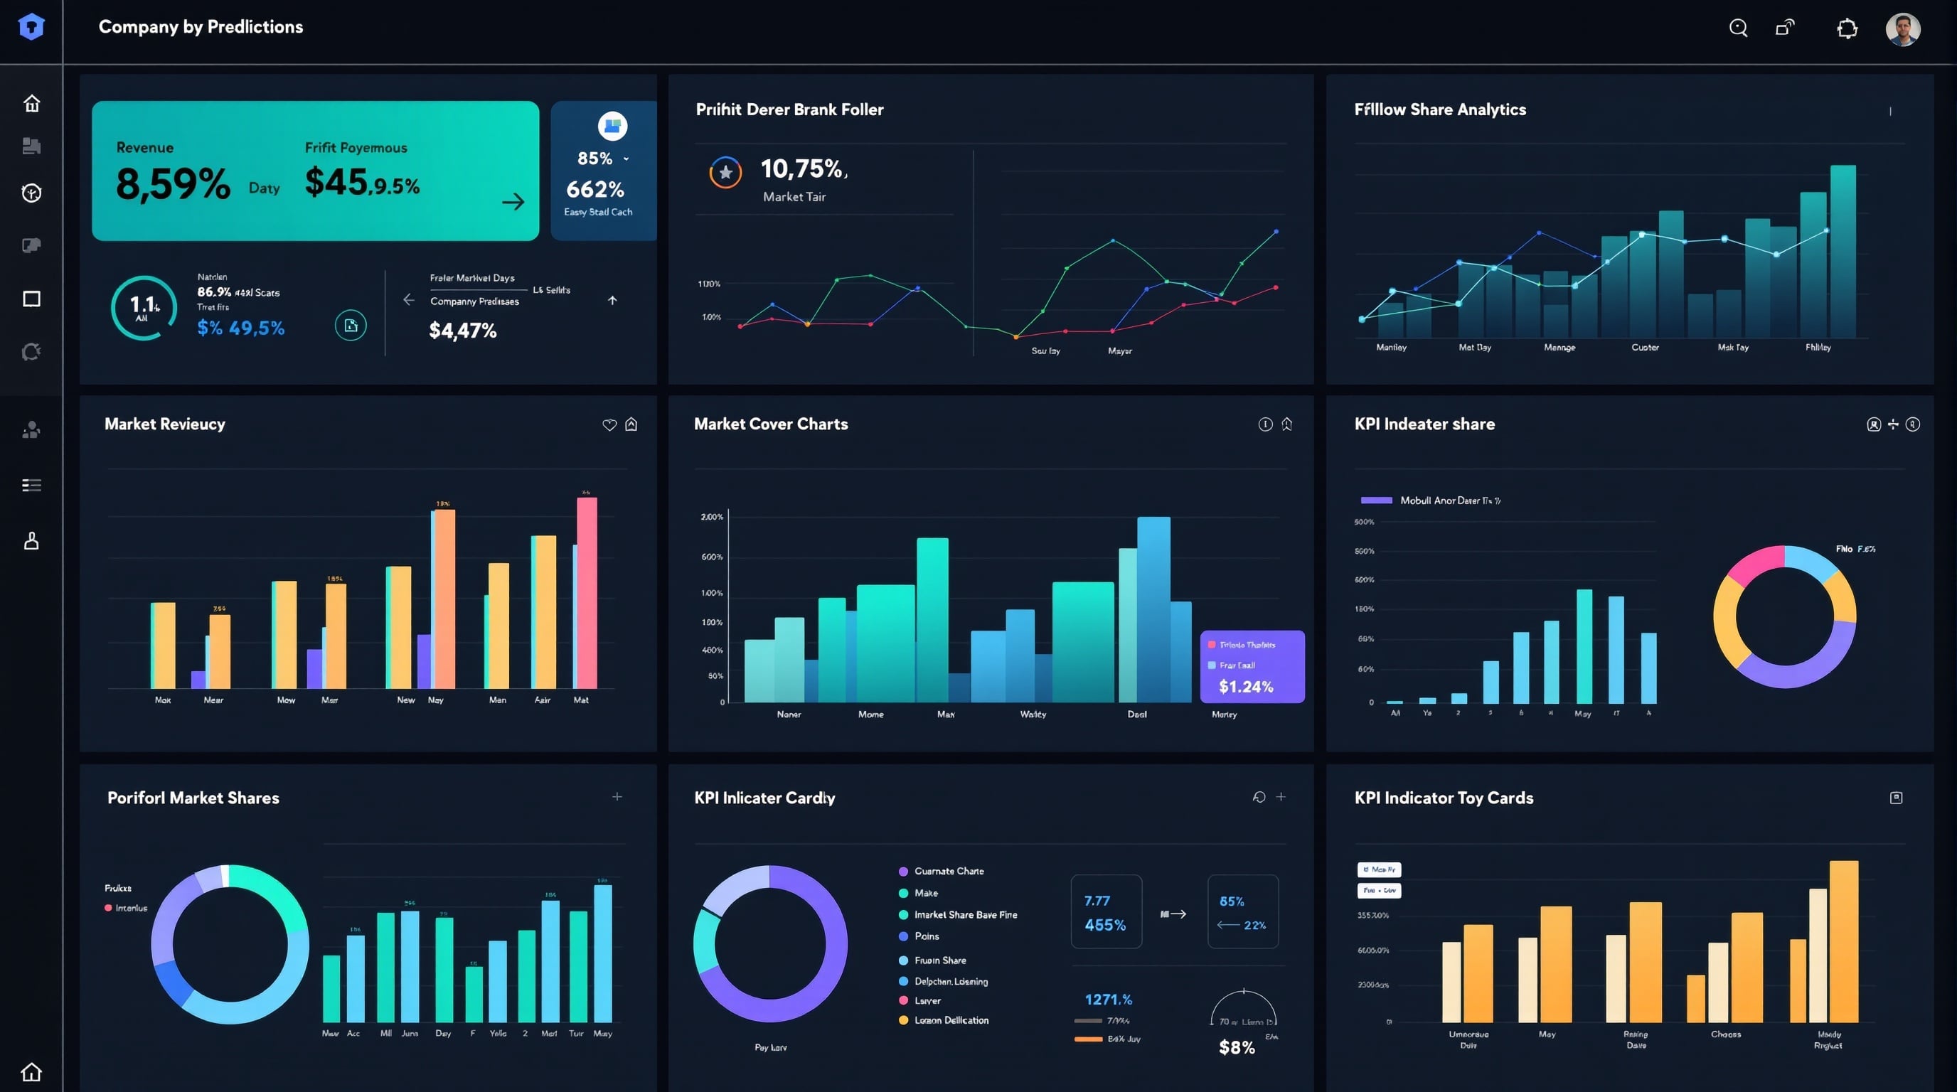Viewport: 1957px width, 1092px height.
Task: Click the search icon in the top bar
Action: pos(1738,28)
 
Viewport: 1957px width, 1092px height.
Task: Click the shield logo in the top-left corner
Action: pos(31,27)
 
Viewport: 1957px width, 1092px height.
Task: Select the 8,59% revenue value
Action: pos(173,185)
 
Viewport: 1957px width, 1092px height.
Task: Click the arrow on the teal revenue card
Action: pos(513,201)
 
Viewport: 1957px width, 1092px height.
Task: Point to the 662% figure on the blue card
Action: pos(594,189)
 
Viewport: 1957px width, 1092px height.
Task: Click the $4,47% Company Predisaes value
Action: pos(463,331)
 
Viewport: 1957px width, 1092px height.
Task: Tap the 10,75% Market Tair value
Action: pos(803,168)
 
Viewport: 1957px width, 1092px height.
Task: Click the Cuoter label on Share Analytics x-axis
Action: pos(1645,348)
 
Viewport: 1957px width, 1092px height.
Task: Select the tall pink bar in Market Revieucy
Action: pos(587,592)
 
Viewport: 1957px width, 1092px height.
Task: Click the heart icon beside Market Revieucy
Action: pos(609,424)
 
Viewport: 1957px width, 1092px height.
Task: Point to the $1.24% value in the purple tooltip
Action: pos(1246,687)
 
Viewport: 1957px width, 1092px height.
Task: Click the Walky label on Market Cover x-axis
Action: pos(1033,714)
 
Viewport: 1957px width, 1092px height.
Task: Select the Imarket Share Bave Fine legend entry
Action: pos(965,915)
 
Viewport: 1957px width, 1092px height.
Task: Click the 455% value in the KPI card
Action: pos(1104,925)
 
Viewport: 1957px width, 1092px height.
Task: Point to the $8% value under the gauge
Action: pos(1236,1048)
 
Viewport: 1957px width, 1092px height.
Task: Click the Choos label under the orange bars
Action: pos(1725,1034)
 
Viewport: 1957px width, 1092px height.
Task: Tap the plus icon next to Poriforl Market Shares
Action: pos(617,796)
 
